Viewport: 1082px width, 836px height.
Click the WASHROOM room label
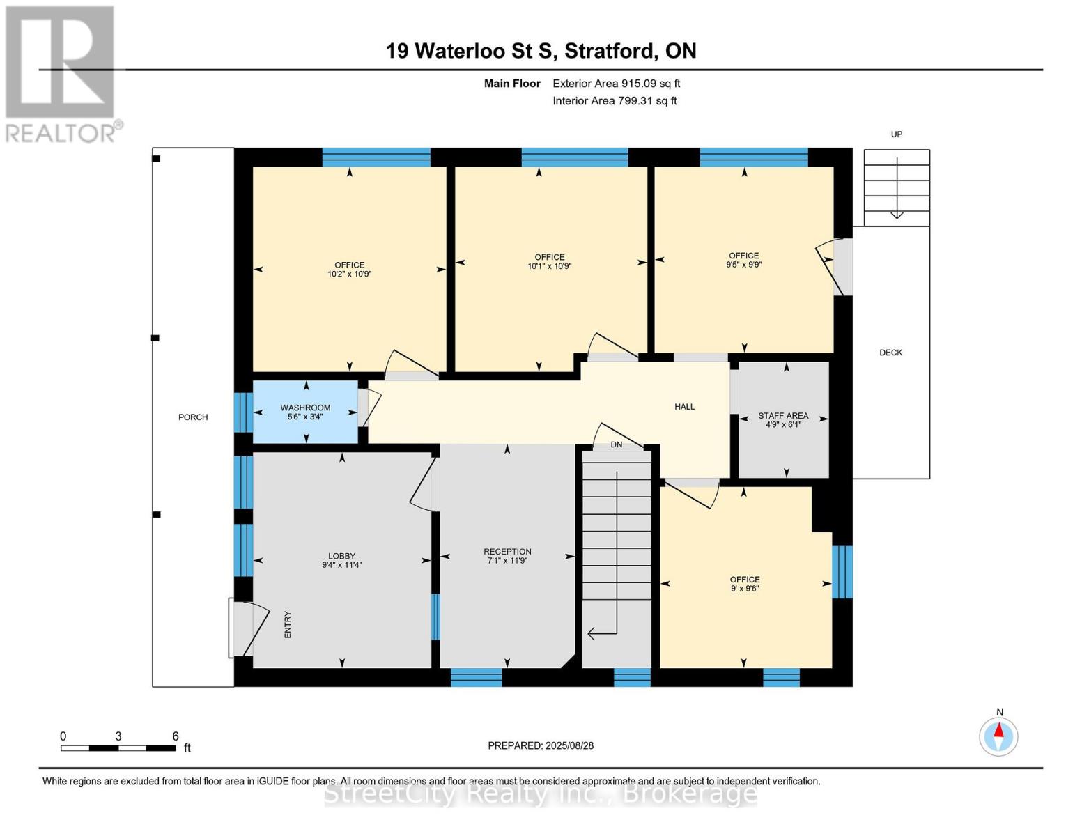coord(305,408)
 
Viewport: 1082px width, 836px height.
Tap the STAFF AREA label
coord(783,415)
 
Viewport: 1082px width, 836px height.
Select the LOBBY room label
coord(341,556)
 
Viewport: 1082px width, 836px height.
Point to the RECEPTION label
coord(507,551)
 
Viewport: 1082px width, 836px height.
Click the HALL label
coord(685,407)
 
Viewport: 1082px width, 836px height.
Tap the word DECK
coord(891,353)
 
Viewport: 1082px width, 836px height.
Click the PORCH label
coord(193,417)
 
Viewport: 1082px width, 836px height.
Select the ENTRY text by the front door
coord(288,624)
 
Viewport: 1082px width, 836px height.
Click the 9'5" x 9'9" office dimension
coord(744,265)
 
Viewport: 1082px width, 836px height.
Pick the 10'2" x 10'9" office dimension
coord(350,274)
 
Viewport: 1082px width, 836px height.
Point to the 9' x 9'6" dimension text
coord(745,588)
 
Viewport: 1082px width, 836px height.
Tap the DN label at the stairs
coord(617,444)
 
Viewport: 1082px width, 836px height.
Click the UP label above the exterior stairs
coord(896,134)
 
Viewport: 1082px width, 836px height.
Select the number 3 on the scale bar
coord(118,736)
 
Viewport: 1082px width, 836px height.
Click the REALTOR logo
coord(62,75)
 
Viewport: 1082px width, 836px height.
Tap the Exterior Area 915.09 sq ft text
coord(617,84)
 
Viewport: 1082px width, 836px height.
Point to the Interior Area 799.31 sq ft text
coord(615,101)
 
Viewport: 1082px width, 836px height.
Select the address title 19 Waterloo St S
coord(471,52)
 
